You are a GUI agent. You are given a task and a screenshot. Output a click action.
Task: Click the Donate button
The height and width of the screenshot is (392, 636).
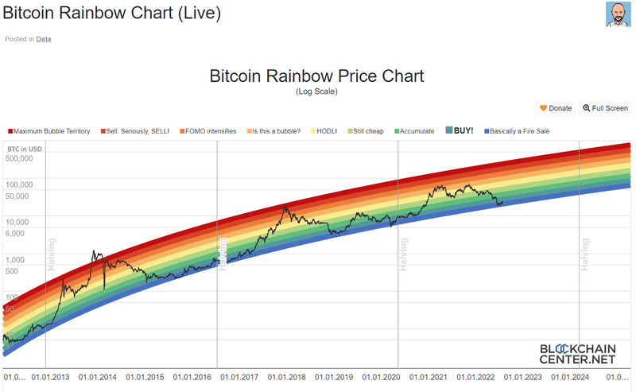(x=556, y=108)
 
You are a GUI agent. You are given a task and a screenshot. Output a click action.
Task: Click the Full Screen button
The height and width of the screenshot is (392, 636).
(x=605, y=108)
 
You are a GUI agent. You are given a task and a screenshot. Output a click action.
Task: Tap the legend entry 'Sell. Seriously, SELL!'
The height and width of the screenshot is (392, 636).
(x=134, y=131)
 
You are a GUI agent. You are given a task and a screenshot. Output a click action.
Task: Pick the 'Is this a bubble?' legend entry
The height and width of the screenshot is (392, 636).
(x=273, y=131)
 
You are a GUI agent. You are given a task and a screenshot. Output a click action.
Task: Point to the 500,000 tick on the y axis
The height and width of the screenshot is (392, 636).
(x=20, y=158)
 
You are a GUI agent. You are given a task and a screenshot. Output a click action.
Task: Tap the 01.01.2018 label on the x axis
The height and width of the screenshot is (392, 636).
(x=285, y=378)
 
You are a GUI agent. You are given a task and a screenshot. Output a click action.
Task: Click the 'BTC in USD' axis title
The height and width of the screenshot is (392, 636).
(x=25, y=149)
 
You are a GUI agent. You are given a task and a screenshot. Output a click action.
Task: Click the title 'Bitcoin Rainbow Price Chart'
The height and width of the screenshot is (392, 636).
(x=316, y=76)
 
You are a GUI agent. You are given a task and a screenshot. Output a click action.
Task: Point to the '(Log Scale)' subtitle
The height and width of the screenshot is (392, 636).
(x=316, y=91)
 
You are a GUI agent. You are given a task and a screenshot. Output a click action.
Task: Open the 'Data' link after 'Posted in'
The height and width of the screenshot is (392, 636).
(x=44, y=38)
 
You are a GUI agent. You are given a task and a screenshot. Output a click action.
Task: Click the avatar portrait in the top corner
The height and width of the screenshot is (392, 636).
(x=619, y=14)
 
